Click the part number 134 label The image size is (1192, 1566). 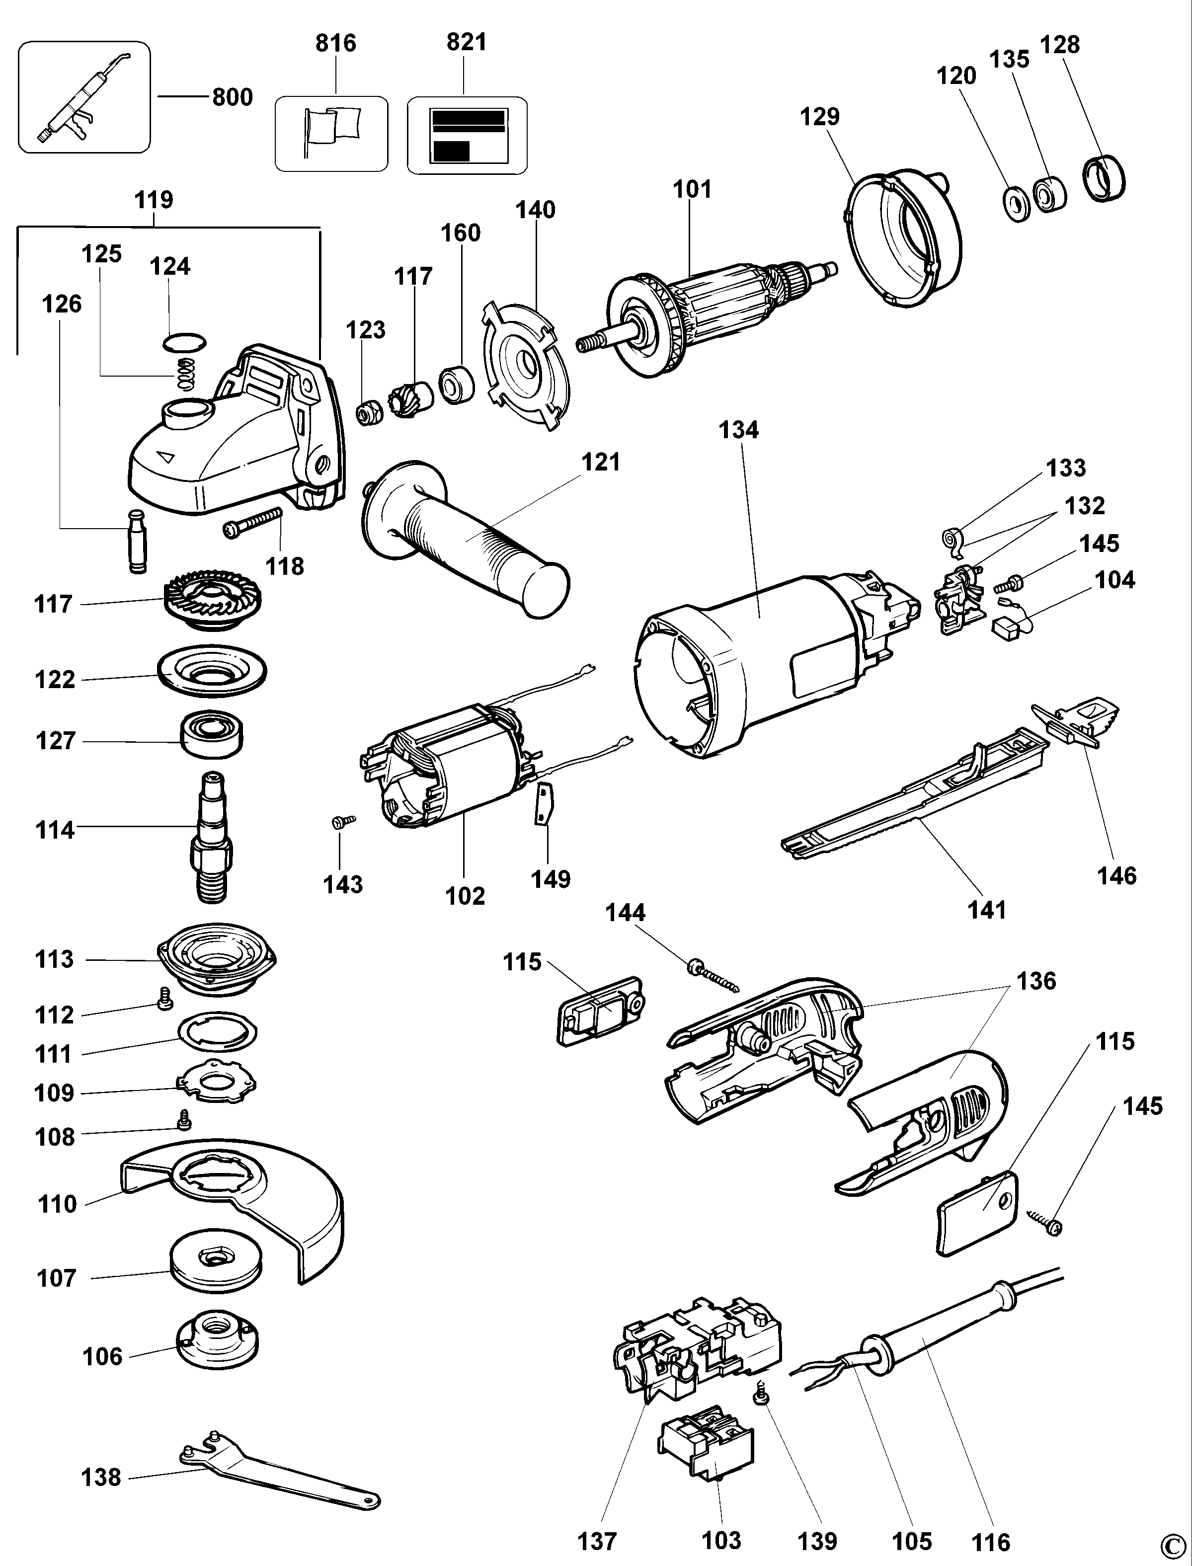pos(739,429)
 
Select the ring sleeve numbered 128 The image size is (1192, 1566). pos(1105,179)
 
